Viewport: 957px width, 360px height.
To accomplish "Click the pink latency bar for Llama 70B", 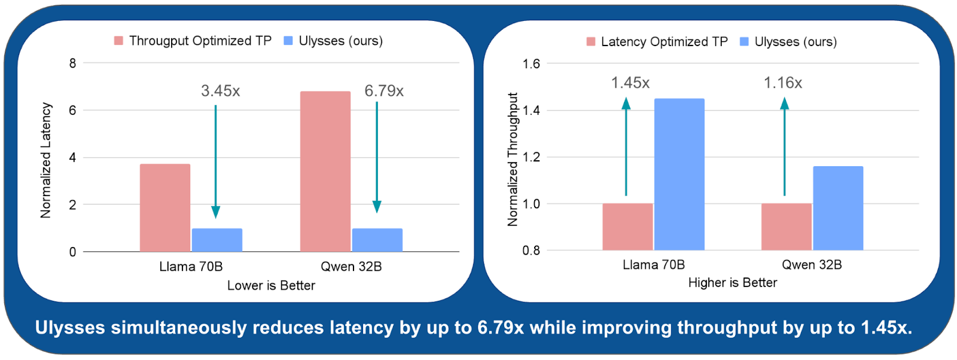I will pos(165,208).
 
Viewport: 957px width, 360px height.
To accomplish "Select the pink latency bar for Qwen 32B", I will pos(325,172).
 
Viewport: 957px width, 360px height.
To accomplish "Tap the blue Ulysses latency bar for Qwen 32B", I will pos(377,240).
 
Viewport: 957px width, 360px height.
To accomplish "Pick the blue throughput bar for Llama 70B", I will pos(679,174).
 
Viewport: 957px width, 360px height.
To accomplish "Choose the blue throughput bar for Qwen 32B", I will pos(837,208).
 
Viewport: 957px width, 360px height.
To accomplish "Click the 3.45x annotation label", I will pos(220,91).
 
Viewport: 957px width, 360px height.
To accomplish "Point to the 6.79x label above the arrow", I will pos(384,91).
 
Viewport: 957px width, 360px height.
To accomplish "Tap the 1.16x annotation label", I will pos(782,83).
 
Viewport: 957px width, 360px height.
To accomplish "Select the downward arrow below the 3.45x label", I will pos(215,161).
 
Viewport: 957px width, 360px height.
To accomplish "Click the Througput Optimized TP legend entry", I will pos(193,41).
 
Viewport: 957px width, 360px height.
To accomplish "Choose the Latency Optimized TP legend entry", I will pos(657,42).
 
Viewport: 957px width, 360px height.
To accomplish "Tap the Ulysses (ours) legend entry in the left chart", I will pos(333,41).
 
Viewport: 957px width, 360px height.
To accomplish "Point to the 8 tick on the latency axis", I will pos(72,63).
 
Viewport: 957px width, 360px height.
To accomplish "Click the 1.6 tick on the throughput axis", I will pos(531,64).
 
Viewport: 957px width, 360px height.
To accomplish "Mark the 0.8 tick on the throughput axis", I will pos(531,251).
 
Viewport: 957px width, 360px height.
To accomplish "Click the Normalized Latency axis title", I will pos(45,160).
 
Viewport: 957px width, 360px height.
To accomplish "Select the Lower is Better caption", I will pos(271,285).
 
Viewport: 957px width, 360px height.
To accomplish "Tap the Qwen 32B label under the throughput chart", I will pos(812,265).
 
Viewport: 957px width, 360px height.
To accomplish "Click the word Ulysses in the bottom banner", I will pos(70,328).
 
